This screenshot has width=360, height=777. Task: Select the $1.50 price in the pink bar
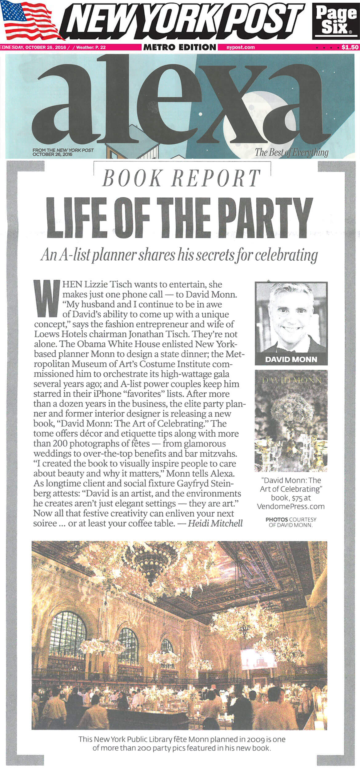[x=350, y=47]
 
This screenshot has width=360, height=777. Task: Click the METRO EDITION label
[x=180, y=47]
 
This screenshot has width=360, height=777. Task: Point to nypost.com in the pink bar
[x=240, y=47]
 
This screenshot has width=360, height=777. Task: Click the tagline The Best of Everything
[x=291, y=152]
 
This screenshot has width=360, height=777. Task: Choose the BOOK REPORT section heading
[x=182, y=178]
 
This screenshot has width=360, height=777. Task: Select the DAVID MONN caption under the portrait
[x=291, y=359]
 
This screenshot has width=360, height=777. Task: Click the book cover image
[x=291, y=421]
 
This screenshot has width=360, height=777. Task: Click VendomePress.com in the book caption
[x=291, y=506]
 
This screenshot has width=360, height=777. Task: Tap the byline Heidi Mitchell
[x=215, y=523]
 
